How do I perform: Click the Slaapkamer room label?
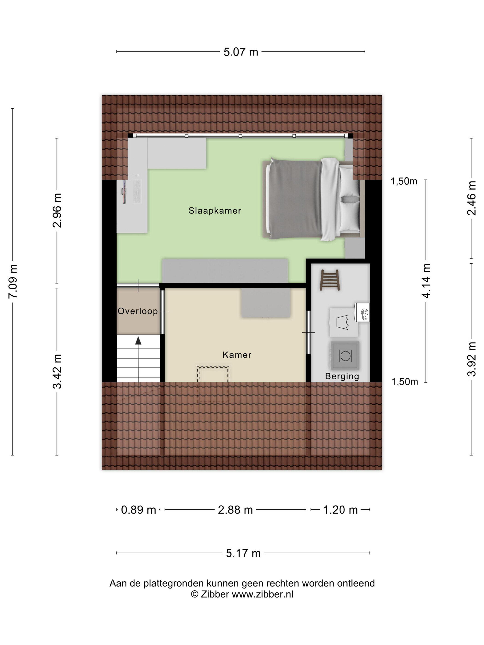click(x=215, y=211)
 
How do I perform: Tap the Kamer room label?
click(x=237, y=355)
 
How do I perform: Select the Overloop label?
click(x=138, y=311)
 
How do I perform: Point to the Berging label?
click(x=342, y=376)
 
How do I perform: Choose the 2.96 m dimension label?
click(x=57, y=210)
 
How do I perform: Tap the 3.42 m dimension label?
click(x=57, y=372)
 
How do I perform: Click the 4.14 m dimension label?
click(x=426, y=281)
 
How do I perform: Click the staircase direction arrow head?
click(x=138, y=340)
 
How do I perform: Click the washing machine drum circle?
click(x=345, y=356)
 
